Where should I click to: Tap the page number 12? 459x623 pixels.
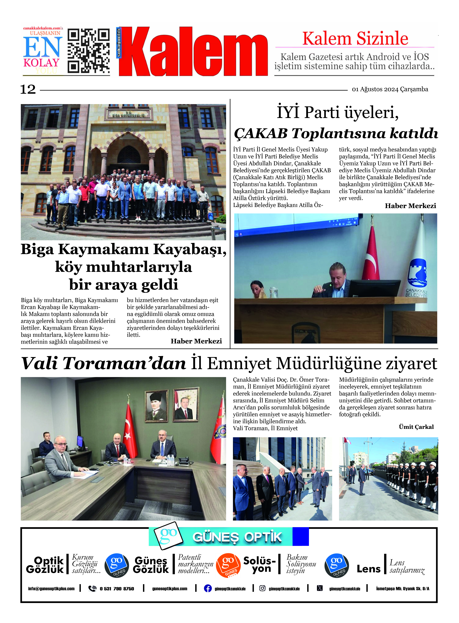28,90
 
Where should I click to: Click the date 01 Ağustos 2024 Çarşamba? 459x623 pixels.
390,89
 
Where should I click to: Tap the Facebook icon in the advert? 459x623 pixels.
208,588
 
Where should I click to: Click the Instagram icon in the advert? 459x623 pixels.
262,588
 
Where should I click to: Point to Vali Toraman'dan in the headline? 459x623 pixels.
103,363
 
